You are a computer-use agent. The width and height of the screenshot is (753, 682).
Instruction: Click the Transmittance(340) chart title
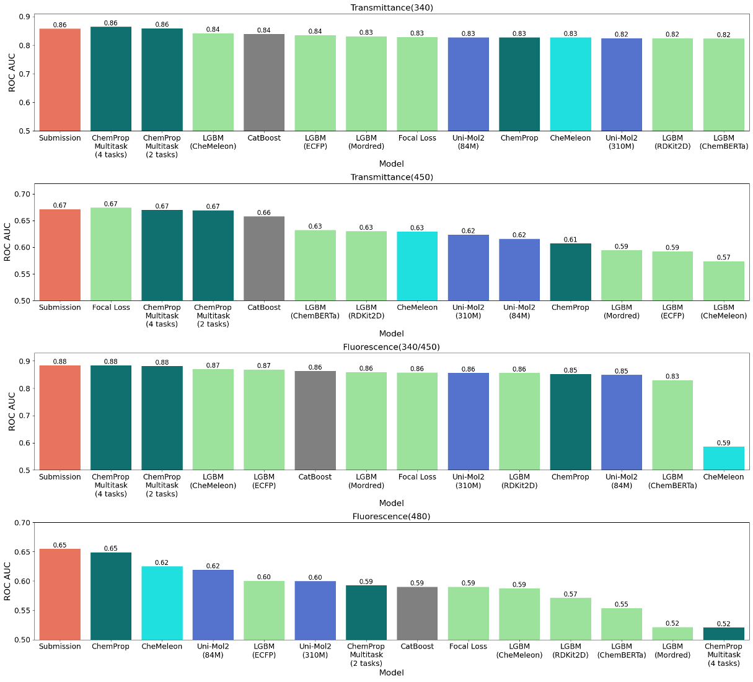[391, 7]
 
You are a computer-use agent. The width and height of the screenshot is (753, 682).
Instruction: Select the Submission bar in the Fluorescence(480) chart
[60, 594]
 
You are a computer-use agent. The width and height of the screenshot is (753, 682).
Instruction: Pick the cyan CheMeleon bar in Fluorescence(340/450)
[723, 458]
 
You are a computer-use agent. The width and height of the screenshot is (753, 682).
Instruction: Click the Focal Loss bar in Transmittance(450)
[111, 254]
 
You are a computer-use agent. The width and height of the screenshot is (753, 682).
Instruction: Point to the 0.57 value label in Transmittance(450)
[723, 257]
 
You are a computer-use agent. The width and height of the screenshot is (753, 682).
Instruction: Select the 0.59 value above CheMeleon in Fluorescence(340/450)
[723, 443]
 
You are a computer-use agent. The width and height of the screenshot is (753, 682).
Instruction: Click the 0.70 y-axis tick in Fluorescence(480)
[22, 523]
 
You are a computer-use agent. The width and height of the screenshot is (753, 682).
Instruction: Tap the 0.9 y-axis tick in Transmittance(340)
[25, 17]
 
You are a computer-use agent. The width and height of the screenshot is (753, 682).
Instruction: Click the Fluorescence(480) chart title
[391, 516]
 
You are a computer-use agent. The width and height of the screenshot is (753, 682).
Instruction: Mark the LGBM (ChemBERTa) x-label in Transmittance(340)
[723, 142]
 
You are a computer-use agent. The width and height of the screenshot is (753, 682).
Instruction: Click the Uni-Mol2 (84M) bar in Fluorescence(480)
[213, 605]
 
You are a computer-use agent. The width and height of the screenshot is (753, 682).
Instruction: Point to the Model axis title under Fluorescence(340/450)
[391, 503]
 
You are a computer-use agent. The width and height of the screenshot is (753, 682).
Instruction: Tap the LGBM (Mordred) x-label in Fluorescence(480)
[672, 650]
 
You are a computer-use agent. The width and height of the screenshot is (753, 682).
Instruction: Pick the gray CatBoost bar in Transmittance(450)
[264, 258]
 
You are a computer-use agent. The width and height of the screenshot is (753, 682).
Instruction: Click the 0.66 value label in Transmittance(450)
[264, 212]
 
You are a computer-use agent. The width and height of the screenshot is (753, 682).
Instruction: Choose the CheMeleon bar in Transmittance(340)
[570, 84]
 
